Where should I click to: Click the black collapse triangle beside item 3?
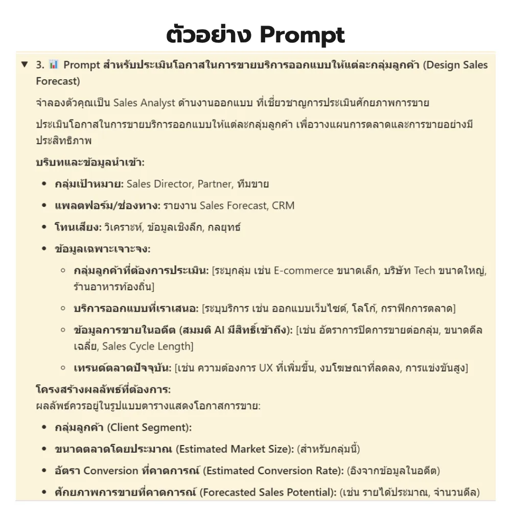click(x=24, y=65)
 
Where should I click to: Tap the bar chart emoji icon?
click(x=54, y=65)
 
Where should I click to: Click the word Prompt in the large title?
click(x=302, y=35)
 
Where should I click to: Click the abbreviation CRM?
click(x=283, y=205)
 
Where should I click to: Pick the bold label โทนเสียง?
click(x=78, y=227)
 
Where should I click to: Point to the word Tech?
click(x=424, y=270)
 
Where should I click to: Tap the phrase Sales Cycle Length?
click(x=146, y=346)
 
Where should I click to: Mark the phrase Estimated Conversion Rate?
click(x=273, y=471)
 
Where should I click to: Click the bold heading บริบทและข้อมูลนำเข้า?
click(x=90, y=162)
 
